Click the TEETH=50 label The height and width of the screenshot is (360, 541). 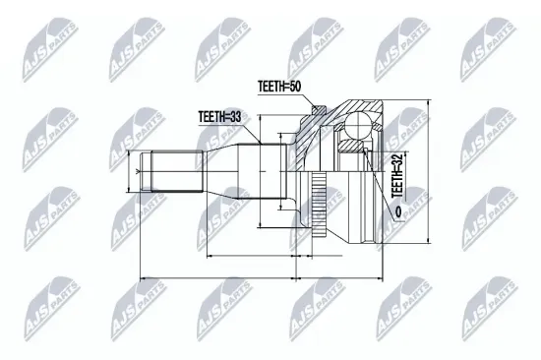click(279, 87)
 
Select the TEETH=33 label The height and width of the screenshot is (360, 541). click(219, 117)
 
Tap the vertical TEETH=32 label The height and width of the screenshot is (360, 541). click(396, 175)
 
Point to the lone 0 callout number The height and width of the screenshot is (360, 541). click(398, 211)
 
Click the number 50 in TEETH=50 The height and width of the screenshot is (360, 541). click(294, 87)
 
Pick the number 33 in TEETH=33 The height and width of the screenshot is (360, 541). click(234, 117)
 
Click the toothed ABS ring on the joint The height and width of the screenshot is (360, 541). click(319, 206)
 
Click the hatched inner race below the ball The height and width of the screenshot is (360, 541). click(351, 146)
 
